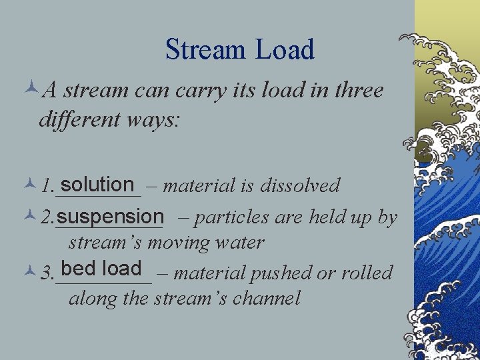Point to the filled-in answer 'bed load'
pos(101,269)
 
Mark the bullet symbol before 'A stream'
pos(31,90)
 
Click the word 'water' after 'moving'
pos(240,243)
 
